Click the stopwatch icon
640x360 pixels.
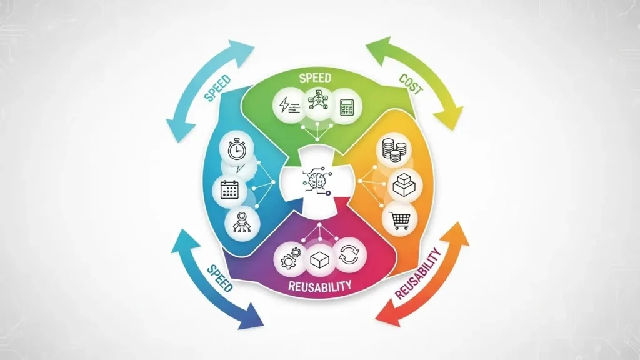point(237,150)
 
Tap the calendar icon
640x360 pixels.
point(229,189)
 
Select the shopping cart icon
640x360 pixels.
point(400,221)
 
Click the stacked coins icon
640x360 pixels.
point(394,150)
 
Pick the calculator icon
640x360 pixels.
point(346,107)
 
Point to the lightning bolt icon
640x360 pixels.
point(289,105)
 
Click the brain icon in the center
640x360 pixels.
point(317,179)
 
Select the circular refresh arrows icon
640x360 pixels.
point(349,256)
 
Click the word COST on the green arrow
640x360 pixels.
point(411,84)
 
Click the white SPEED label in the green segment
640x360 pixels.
point(315,78)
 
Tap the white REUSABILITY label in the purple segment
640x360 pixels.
point(319,285)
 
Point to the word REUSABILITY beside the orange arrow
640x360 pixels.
point(418,274)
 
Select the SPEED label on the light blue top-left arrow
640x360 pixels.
point(217,88)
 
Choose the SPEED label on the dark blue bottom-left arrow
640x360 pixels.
point(220,278)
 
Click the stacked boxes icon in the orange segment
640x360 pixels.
point(404,185)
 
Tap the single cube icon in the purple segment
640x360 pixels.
point(320,259)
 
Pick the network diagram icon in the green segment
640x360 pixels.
point(317,99)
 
